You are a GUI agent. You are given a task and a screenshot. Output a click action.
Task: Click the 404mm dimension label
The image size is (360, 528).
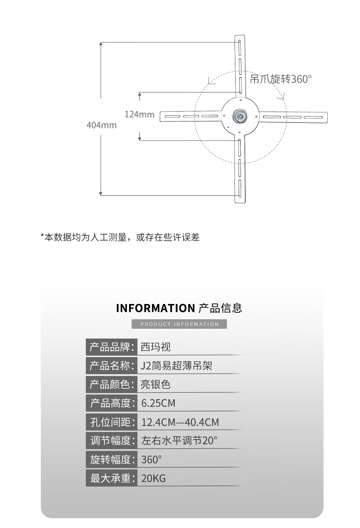pos(101,125)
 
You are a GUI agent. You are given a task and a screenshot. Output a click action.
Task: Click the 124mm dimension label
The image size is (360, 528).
pos(139,115)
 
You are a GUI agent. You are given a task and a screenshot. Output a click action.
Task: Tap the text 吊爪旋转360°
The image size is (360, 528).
pos(281,79)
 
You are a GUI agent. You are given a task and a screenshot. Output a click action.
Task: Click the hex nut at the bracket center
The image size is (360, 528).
pos(240,117)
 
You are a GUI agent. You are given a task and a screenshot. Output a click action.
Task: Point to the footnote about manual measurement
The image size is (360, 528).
pos(120,237)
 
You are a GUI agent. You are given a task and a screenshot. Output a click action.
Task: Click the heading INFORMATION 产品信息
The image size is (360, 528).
pos(179,308)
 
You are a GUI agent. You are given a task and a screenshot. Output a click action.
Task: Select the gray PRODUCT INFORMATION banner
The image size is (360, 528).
pos(179,324)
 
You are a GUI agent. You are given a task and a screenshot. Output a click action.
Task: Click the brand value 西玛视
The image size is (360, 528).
pos(156,347)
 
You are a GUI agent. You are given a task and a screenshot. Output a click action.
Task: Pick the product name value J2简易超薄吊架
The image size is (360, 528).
pos(176,366)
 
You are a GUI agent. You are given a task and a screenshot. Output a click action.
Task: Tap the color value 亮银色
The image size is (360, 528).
pos(156,384)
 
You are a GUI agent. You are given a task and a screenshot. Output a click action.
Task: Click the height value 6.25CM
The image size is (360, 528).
pos(158,403)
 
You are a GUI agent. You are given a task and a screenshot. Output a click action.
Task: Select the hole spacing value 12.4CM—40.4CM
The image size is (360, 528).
pos(180,422)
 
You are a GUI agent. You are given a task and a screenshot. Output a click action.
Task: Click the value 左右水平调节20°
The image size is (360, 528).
pos(179,441)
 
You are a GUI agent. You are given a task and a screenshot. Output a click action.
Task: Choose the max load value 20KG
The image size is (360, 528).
pos(153,478)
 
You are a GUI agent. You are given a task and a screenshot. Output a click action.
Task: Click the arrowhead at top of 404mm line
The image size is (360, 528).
pos(101,44)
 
